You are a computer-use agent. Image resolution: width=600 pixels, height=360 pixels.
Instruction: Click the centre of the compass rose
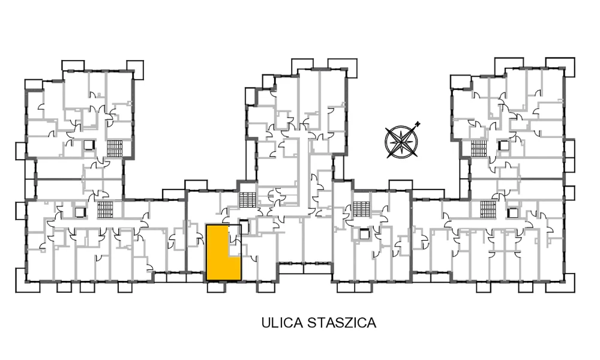point(401,142)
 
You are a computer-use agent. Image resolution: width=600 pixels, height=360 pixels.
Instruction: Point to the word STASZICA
point(342,323)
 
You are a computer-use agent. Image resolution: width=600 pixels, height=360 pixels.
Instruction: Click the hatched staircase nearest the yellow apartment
point(248,199)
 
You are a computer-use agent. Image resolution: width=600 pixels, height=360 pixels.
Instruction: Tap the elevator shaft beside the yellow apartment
point(244,227)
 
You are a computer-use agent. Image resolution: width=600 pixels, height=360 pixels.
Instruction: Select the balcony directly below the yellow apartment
point(216,287)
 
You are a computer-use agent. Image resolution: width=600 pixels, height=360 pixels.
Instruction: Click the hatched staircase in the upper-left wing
point(115,148)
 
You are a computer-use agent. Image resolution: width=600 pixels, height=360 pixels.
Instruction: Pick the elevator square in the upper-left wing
point(89,145)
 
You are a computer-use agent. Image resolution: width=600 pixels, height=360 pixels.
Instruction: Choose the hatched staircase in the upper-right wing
point(479,148)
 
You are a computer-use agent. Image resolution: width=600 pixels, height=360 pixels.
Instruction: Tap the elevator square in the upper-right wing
point(504,145)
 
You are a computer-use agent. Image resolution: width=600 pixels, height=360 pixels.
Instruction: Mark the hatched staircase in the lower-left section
point(104,209)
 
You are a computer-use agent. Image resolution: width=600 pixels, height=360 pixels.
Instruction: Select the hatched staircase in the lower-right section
point(488,209)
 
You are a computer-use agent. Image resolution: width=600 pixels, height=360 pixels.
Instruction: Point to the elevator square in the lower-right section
point(513,213)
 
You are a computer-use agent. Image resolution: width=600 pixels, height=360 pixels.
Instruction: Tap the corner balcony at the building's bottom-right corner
point(569,283)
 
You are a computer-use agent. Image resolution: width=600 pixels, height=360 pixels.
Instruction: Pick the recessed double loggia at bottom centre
point(305,269)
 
